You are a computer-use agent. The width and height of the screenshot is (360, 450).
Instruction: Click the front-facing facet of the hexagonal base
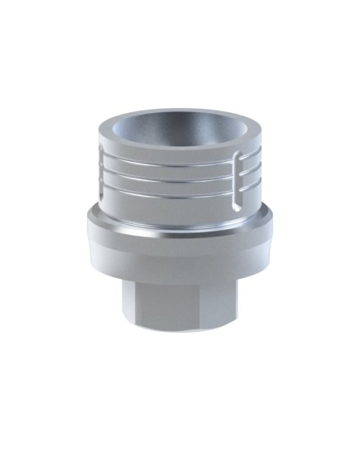click(x=174, y=302)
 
